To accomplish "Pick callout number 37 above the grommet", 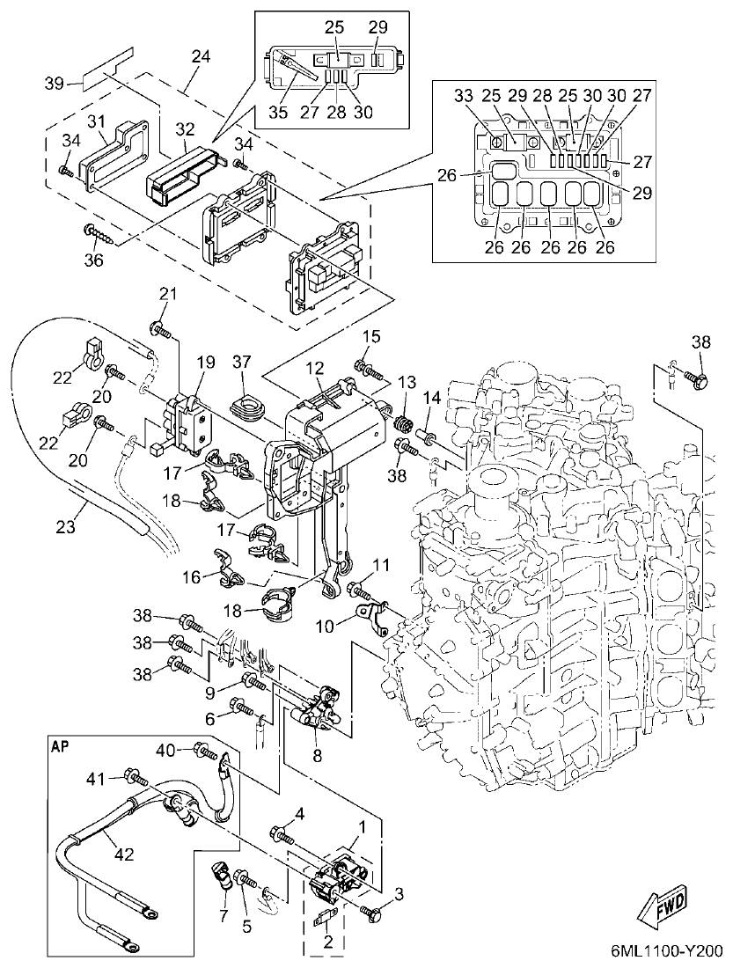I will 244,363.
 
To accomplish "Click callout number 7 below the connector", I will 224,916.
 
